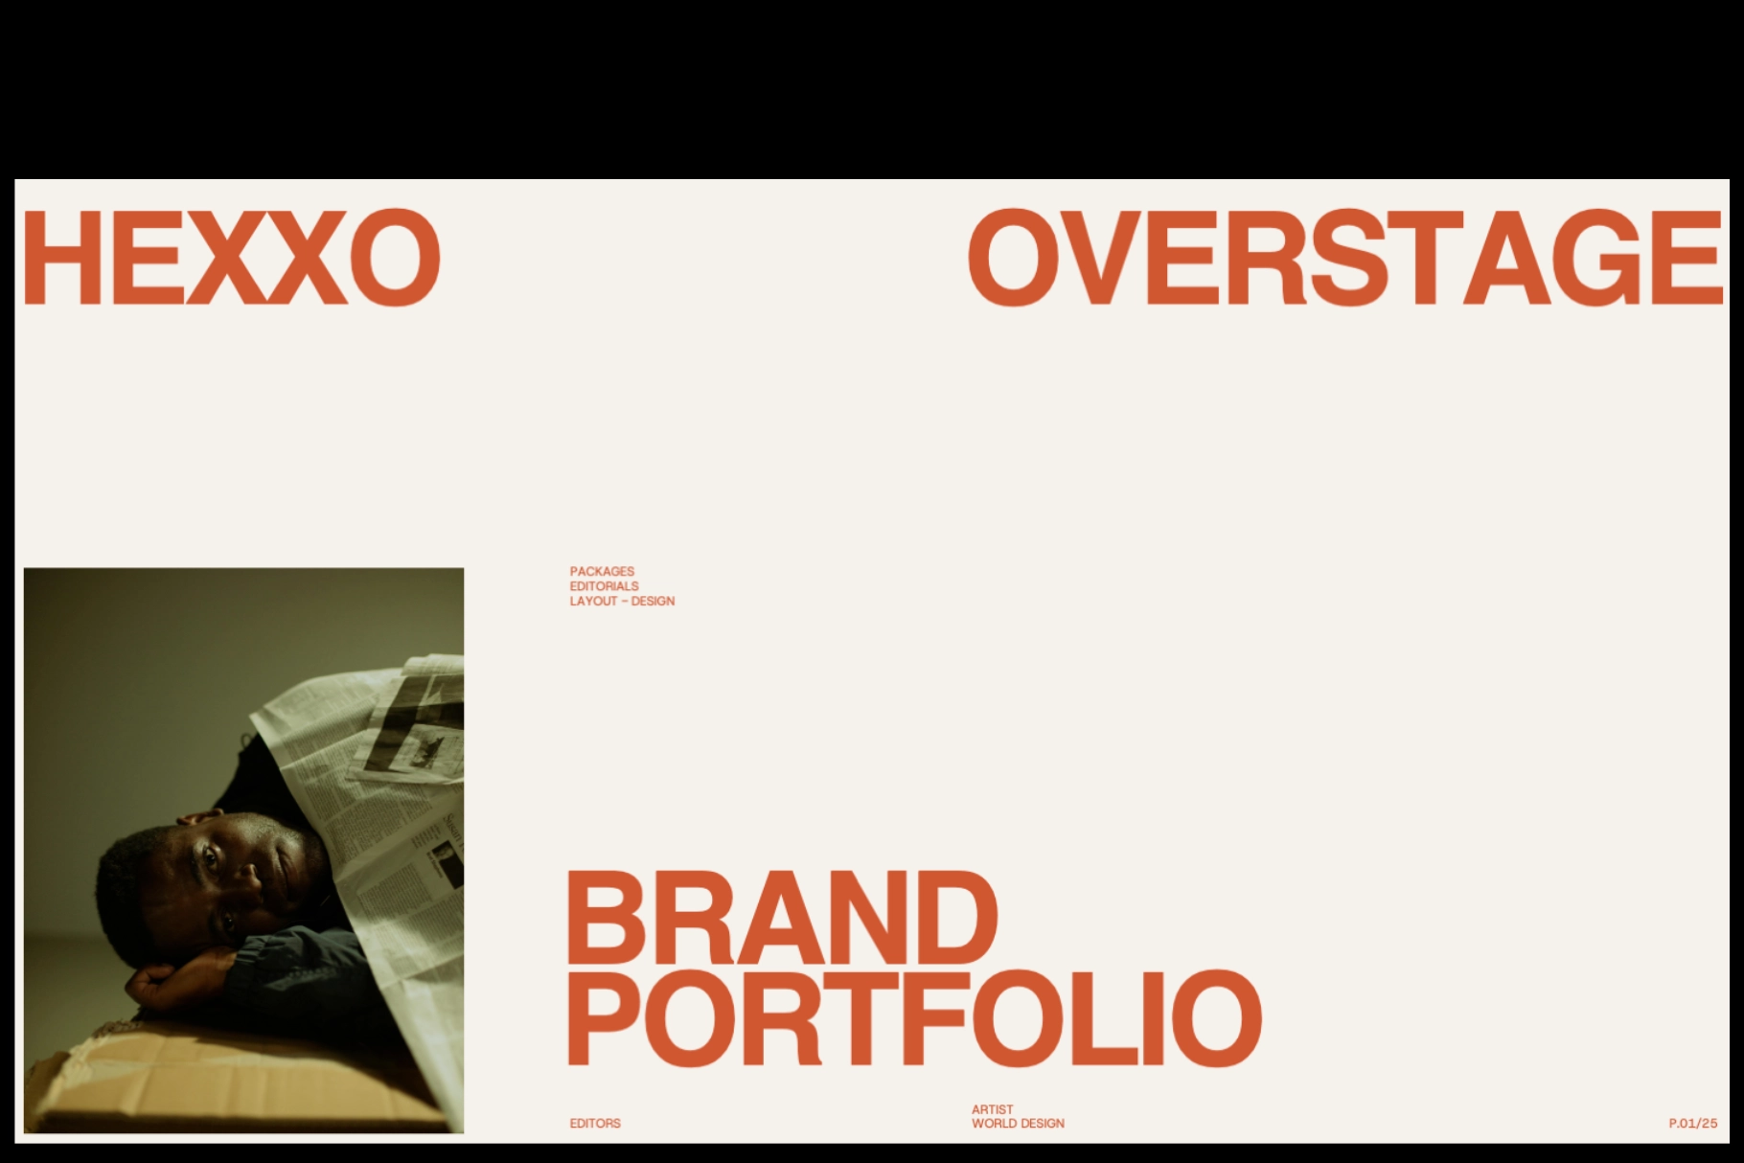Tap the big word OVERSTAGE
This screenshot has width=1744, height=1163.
pos(1343,259)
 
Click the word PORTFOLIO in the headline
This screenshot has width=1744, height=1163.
pos(914,1017)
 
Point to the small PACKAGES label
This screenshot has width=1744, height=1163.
pos(602,571)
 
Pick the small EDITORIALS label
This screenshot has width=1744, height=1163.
pos(604,586)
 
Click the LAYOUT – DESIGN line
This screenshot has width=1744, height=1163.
pos(622,602)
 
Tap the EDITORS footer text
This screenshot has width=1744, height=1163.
pos(595,1123)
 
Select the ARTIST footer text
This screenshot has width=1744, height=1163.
pos(992,1109)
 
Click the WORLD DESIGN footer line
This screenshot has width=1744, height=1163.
pos(1018,1124)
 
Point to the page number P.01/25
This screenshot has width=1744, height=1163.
pos(1692,1124)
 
